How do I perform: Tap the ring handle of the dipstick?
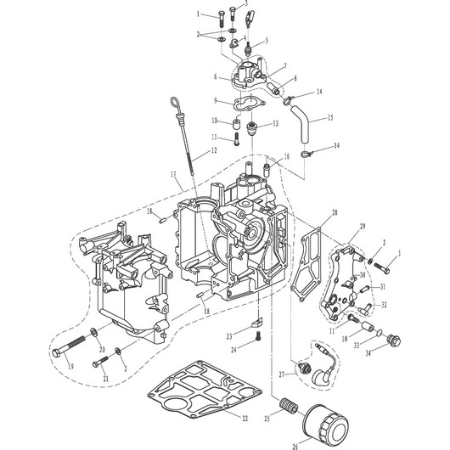[x=175, y=103]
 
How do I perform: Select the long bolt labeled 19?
[x=69, y=346]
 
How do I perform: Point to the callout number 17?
[x=173, y=175]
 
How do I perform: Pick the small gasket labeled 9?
[x=249, y=104]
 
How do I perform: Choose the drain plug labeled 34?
[x=394, y=340]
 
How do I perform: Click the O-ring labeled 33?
[x=380, y=333]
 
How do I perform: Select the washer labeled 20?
[x=93, y=333]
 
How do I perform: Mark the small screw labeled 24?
[x=258, y=336]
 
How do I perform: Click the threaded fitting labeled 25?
[x=289, y=405]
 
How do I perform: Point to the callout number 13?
[x=275, y=123]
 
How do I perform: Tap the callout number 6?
[x=216, y=76]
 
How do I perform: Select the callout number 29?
[x=363, y=227]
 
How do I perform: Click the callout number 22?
[x=245, y=419]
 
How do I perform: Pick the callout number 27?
[x=283, y=374]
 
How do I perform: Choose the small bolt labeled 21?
[x=100, y=362]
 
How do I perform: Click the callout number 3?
[x=246, y=3]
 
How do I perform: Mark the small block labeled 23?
[x=257, y=323]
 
